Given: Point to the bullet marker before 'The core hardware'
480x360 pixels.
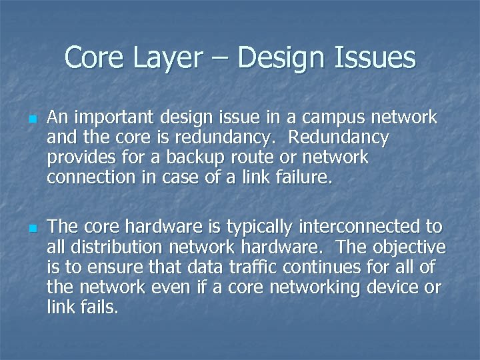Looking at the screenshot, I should tap(32, 229).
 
